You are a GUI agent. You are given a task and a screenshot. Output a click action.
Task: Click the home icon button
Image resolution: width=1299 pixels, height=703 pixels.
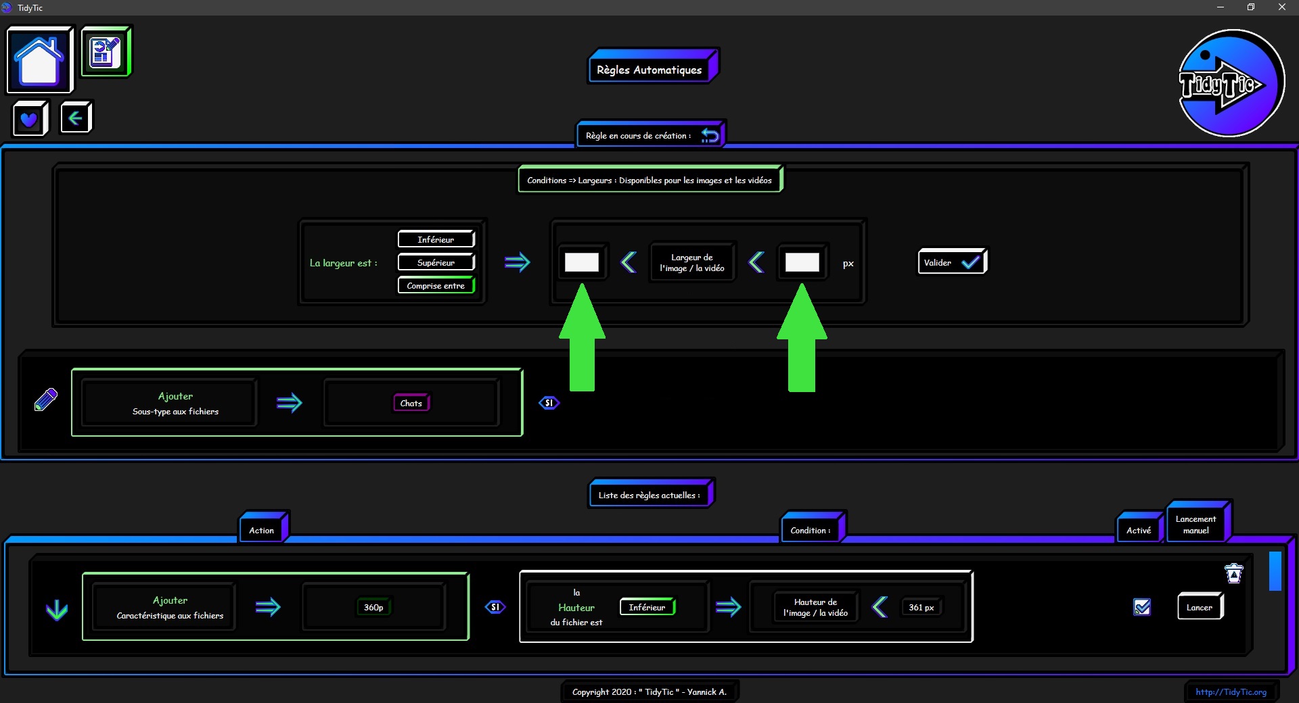pos(39,60)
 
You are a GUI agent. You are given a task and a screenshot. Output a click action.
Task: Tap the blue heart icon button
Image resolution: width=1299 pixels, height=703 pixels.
pos(30,119)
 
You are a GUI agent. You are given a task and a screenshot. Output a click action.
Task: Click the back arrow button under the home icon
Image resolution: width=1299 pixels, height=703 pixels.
pos(76,118)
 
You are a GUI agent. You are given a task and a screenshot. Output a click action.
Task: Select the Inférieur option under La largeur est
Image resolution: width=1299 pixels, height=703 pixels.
pos(436,239)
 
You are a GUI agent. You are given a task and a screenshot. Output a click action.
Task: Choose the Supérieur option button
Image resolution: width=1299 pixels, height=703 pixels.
pos(436,262)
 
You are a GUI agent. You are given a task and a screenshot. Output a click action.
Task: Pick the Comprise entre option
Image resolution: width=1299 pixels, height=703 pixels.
pos(436,285)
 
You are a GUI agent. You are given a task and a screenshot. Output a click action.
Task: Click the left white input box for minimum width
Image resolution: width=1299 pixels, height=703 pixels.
pos(582,262)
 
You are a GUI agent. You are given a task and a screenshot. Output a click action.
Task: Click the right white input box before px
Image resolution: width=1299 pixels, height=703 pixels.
pos(802,262)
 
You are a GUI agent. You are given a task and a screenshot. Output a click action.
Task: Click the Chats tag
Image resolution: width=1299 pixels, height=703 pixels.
pos(411,403)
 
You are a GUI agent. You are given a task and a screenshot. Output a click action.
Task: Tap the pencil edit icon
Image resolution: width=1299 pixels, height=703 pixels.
pos(46,399)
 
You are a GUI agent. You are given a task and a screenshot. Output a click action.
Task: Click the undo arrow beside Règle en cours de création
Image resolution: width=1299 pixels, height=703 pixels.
pos(710,135)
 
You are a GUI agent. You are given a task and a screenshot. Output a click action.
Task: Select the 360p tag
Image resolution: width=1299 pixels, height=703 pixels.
pos(373,607)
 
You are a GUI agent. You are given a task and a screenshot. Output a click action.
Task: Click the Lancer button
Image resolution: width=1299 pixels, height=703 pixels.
pos(1200,606)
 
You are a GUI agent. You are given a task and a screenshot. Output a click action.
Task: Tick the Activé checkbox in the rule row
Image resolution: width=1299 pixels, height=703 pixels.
pos(1142,607)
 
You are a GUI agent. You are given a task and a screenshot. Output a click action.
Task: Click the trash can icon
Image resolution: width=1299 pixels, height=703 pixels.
pos(1234,573)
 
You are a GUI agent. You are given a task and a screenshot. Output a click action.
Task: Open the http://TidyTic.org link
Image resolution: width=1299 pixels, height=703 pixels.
pos(1231,692)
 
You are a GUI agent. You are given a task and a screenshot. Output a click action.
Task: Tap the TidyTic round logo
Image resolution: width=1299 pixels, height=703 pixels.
pos(1231,84)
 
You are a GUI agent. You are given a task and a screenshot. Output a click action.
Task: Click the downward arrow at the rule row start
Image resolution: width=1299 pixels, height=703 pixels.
pos(57,610)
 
